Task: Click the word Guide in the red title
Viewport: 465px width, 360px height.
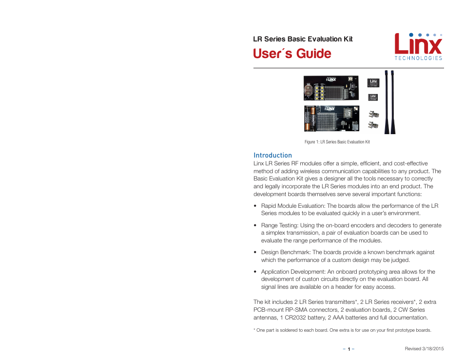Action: [x=313, y=54]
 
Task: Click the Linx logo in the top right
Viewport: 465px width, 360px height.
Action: [x=418, y=44]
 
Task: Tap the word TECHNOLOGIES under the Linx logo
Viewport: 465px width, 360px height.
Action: [x=418, y=58]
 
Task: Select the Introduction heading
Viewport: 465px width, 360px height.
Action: [x=272, y=155]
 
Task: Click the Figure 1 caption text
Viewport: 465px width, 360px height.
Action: [x=337, y=142]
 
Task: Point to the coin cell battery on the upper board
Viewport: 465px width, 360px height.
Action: [x=310, y=89]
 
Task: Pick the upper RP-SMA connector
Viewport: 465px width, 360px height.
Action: [x=373, y=114]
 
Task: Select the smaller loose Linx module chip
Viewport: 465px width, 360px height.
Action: [x=373, y=98]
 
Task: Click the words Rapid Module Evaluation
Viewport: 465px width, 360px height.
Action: [x=293, y=206]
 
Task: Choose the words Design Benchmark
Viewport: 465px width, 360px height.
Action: [x=286, y=252]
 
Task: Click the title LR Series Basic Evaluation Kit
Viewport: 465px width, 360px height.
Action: [x=303, y=39]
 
